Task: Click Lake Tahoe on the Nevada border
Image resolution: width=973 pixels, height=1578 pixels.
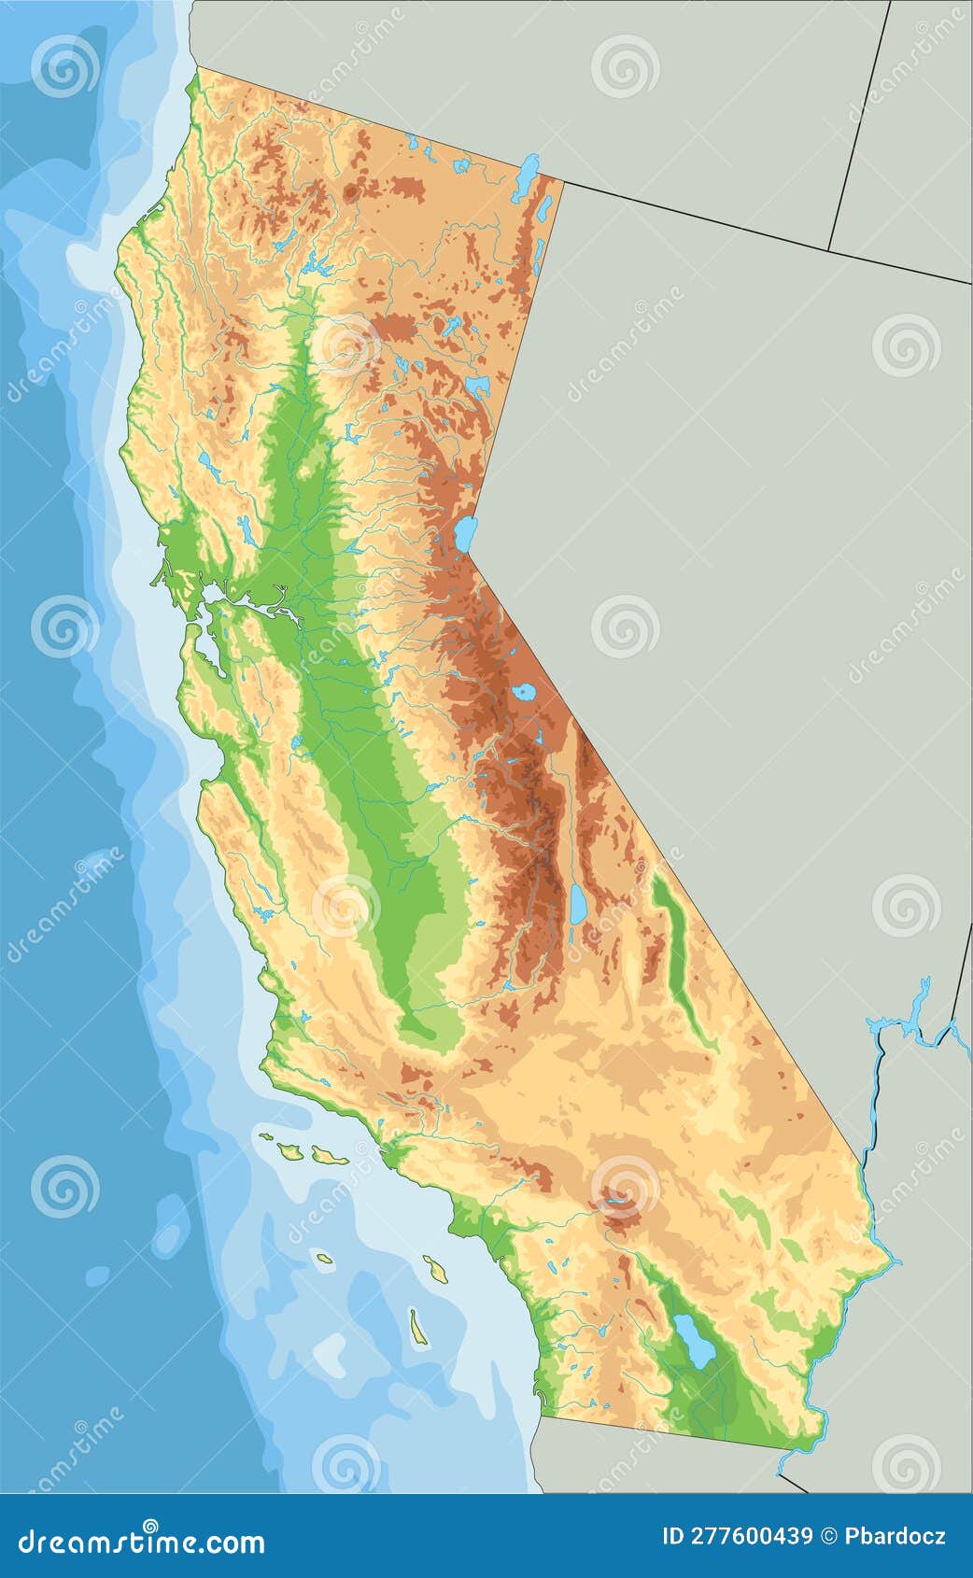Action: [464, 534]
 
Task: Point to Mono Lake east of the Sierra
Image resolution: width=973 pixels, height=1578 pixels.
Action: [523, 693]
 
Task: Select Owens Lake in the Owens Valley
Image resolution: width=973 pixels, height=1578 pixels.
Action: [579, 903]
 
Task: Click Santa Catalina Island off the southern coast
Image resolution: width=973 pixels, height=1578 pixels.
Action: [435, 1267]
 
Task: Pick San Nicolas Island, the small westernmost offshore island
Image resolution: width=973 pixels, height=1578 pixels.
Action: [324, 1258]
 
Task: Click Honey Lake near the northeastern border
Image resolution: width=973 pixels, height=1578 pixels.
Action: [477, 386]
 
